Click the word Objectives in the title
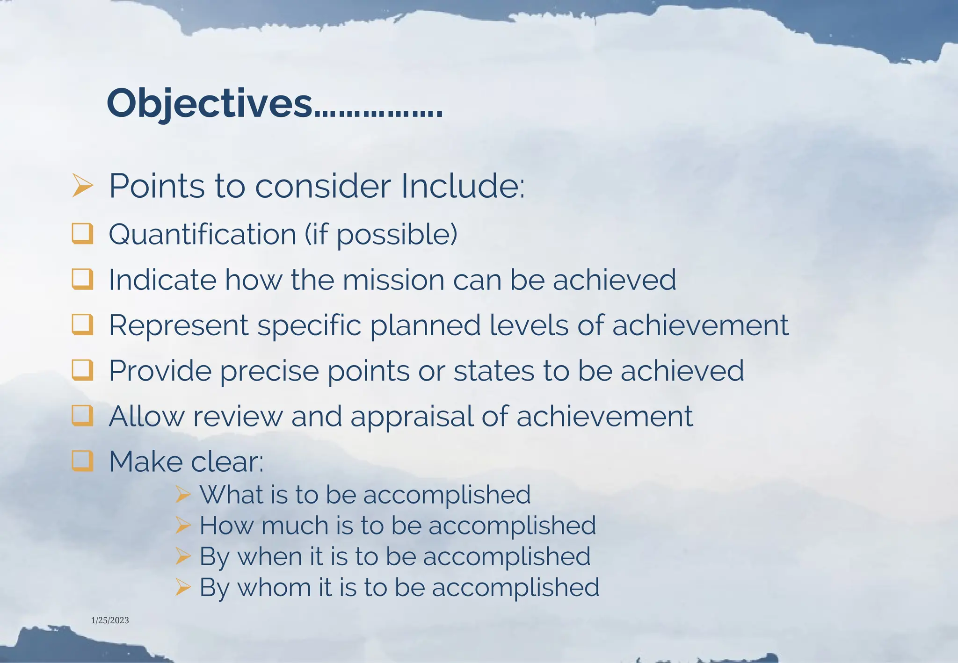pos(209,104)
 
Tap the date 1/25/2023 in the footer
pos(110,620)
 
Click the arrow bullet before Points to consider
pos(83,185)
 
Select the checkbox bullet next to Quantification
pos(82,233)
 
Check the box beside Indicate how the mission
pos(82,279)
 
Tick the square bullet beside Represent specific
pos(82,324)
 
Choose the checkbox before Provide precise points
pos(82,370)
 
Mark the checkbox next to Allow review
pos(82,416)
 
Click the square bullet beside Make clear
pos(82,461)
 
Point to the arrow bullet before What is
pos(183,494)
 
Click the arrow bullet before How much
pos(183,526)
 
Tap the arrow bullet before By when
pos(183,556)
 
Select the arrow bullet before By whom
pos(183,587)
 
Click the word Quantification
pos(203,234)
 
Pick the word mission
pos(393,280)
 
